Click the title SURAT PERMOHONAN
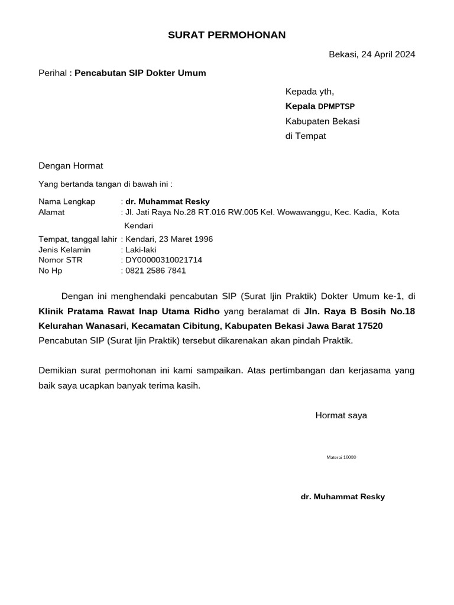tap(226, 35)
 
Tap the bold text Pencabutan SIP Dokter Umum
tap(140, 73)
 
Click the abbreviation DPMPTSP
tap(336, 107)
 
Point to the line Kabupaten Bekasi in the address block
tap(322, 121)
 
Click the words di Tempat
tap(306, 136)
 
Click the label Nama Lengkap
tap(66, 201)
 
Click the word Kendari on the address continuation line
tap(138, 226)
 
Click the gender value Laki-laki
tap(141, 250)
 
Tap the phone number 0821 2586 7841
tap(155, 271)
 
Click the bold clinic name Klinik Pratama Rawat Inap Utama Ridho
tap(129, 311)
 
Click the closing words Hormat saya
tap(341, 415)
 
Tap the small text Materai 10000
tap(341, 458)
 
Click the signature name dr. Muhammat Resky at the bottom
tap(342, 497)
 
